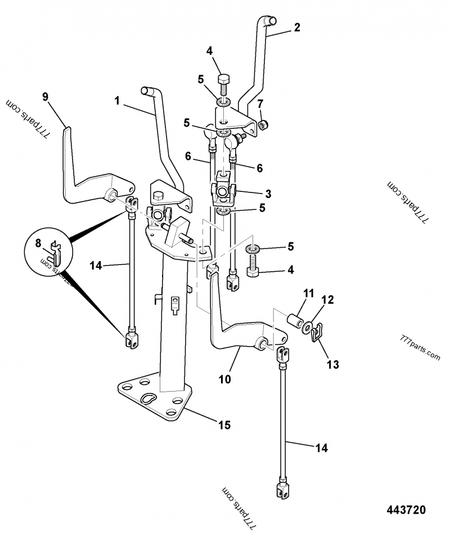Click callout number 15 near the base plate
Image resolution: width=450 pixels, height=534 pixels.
coord(224,425)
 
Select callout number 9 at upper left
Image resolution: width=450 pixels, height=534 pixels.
coord(46,97)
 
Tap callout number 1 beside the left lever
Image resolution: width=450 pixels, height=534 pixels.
coord(117,101)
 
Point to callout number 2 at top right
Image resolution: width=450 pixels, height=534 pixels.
coord(296,27)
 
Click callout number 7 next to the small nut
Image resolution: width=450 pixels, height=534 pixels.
coord(260,104)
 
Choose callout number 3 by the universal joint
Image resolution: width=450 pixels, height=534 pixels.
coord(268,194)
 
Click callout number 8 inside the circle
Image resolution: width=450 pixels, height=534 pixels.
coord(39,244)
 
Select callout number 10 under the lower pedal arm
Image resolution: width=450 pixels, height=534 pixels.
coord(224,379)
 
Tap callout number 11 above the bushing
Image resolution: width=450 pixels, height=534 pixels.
coord(308,294)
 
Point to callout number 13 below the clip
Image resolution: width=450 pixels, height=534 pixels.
coord(332,365)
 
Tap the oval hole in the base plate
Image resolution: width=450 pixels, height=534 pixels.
coord(149,398)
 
